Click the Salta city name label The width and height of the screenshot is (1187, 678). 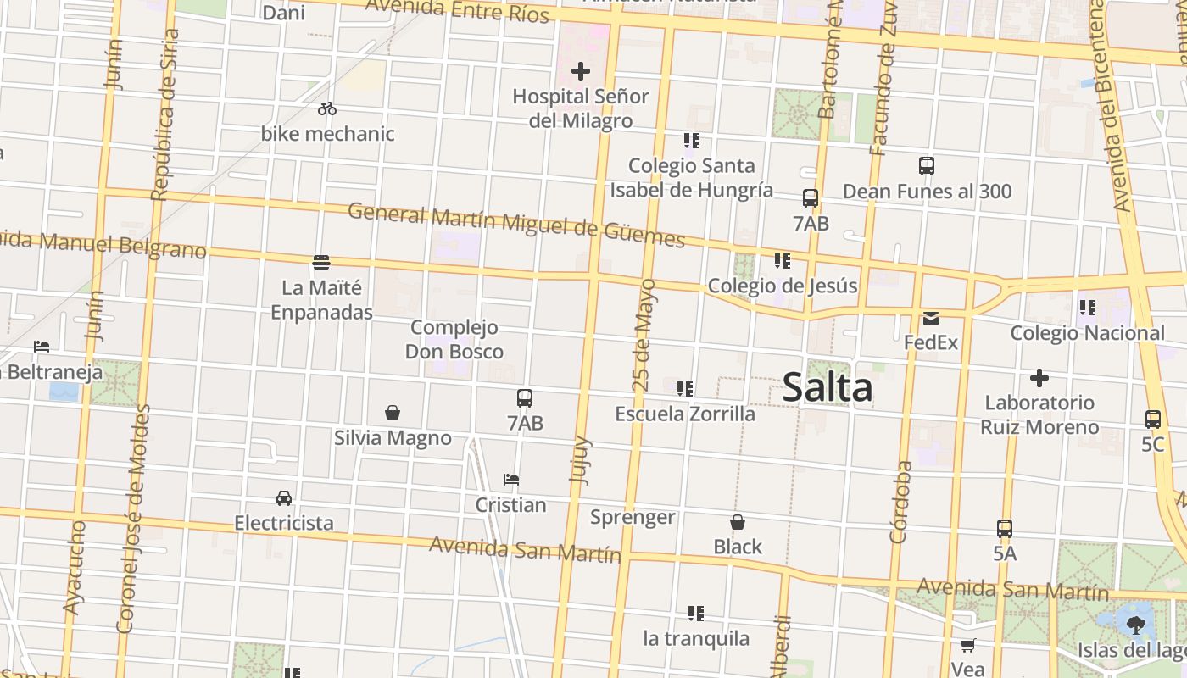(827, 387)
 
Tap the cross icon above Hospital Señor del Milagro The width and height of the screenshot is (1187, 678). (581, 71)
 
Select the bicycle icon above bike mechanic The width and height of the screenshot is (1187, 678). (327, 108)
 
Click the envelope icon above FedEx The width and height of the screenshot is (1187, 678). (931, 319)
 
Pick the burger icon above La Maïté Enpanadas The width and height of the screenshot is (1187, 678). (321, 263)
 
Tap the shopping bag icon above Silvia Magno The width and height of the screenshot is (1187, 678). (393, 413)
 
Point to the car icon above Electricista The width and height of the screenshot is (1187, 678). (284, 497)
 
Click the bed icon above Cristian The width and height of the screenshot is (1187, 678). (510, 480)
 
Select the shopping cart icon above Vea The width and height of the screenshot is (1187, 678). (967, 645)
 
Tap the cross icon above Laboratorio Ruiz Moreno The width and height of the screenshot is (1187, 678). (1039, 378)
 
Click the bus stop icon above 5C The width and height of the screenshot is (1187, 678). (1153, 419)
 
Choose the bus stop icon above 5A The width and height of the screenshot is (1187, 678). (1005, 529)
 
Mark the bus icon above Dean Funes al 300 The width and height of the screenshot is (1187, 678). (927, 166)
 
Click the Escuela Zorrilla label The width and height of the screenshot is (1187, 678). (685, 414)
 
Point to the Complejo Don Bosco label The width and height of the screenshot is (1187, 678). (454, 339)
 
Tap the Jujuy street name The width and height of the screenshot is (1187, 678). (581, 459)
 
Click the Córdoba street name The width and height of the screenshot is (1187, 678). (901, 502)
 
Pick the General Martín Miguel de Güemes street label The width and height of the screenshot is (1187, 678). (515, 224)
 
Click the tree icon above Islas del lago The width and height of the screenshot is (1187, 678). (1136, 625)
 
